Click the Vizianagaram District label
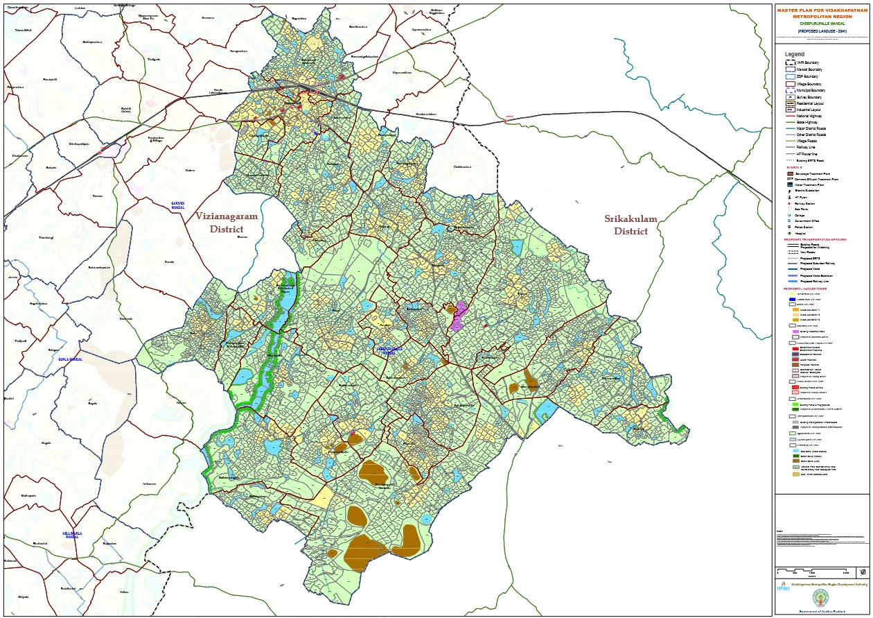pyautogui.click(x=227, y=223)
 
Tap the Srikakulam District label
pyautogui.click(x=630, y=225)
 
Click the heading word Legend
pyautogui.click(x=795, y=54)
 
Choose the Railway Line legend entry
pyautogui.click(x=805, y=147)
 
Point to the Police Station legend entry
pyautogui.click(x=804, y=227)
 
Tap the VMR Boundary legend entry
pyautogui.click(x=805, y=63)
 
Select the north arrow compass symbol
pyautogui.click(x=862, y=572)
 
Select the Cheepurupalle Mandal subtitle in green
pyautogui.click(x=822, y=24)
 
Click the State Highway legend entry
pyautogui.click(x=805, y=121)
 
